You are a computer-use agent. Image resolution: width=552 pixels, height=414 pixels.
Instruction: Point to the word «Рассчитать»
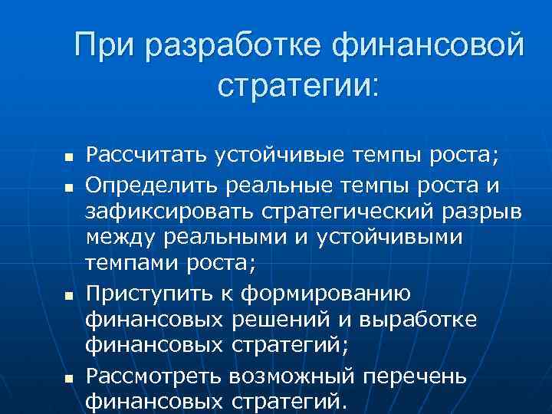tap(143, 156)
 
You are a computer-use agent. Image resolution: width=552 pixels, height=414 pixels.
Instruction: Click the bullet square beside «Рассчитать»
tap(47, 158)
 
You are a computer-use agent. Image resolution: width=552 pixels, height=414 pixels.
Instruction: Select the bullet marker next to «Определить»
tap(47, 186)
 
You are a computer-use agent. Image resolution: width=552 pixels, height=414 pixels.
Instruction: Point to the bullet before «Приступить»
tap(47, 294)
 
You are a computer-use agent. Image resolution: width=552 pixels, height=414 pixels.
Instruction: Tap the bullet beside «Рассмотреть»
tap(47, 377)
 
